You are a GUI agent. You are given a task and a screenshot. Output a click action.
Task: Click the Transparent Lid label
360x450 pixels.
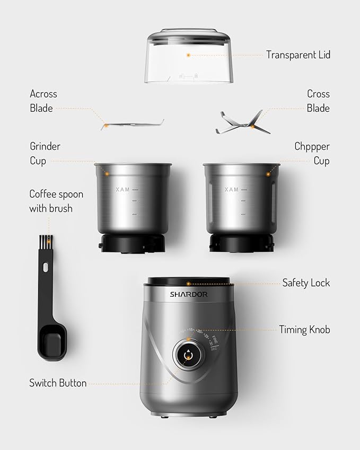tap(298, 55)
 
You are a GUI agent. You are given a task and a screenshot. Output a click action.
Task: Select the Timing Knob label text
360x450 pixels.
tap(304, 330)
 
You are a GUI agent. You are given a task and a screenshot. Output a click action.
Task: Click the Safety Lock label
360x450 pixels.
tap(306, 283)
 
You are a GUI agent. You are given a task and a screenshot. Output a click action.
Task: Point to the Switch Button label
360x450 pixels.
tap(58, 383)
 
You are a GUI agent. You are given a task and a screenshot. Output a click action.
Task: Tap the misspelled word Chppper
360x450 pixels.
tap(312, 146)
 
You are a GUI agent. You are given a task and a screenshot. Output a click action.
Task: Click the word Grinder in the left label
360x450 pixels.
tap(45, 146)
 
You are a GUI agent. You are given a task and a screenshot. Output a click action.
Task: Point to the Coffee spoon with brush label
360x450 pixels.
tap(56, 201)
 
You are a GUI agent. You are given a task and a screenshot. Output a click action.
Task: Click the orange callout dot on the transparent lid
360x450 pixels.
tap(188, 55)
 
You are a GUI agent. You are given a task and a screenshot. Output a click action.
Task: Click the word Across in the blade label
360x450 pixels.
tap(43, 94)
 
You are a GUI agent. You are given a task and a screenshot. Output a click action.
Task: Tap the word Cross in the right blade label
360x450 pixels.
tap(318, 94)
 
